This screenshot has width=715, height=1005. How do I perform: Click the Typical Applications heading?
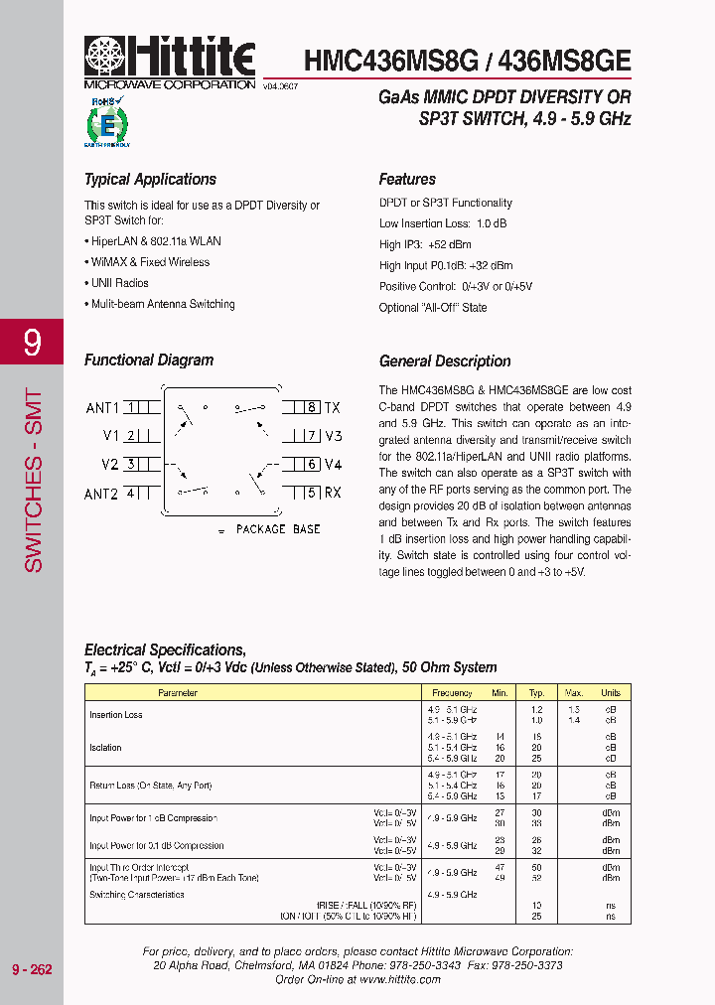(x=150, y=180)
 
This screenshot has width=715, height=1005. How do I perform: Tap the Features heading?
(x=407, y=180)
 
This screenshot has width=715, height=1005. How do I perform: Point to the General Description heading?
(x=445, y=361)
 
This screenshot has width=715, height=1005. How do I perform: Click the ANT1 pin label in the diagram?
(x=101, y=408)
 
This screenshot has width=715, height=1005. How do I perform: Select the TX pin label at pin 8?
(x=333, y=408)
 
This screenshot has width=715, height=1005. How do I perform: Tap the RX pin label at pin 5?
(x=333, y=493)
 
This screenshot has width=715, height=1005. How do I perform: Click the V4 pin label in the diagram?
(x=333, y=465)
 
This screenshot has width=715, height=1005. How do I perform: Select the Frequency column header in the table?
(x=452, y=693)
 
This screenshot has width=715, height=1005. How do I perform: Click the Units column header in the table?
(x=611, y=693)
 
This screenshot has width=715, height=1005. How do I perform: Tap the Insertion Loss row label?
(x=116, y=715)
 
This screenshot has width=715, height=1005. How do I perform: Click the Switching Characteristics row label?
(x=137, y=895)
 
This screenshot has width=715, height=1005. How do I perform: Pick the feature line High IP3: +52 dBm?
(x=425, y=244)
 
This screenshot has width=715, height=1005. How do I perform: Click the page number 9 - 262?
(x=32, y=969)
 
